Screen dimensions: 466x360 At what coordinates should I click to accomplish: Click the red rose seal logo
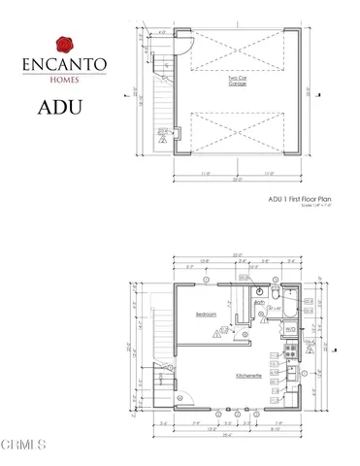point(65,43)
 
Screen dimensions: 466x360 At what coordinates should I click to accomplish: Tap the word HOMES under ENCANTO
point(65,81)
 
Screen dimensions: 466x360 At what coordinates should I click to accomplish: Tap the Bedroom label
point(206,315)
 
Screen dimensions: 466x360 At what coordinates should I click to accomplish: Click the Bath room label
point(260,302)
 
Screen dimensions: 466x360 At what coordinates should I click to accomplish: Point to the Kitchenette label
point(246,375)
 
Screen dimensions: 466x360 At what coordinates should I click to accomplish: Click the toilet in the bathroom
point(275,292)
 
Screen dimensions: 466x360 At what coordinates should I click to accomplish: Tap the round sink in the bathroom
point(259,291)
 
